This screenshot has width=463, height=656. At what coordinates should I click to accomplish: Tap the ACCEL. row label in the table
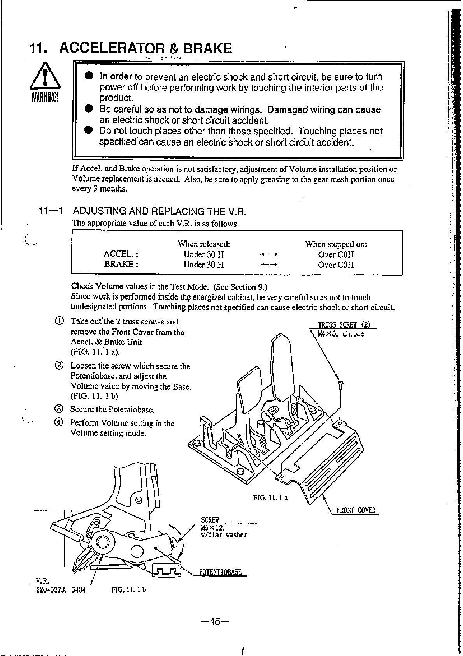click(x=121, y=254)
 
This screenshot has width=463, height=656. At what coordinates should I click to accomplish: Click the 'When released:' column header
click(x=204, y=244)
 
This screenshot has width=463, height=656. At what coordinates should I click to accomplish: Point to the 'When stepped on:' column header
click(x=336, y=244)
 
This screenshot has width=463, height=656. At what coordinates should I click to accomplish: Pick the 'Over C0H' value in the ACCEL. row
click(x=336, y=254)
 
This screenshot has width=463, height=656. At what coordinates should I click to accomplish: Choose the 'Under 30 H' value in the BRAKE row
click(x=204, y=265)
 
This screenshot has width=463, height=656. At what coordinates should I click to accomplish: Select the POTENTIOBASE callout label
click(x=220, y=572)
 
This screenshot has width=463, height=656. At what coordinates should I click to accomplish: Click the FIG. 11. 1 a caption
click(x=270, y=498)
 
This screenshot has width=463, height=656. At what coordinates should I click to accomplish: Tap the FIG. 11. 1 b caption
click(x=128, y=589)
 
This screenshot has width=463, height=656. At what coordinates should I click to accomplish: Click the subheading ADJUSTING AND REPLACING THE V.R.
click(x=160, y=212)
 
